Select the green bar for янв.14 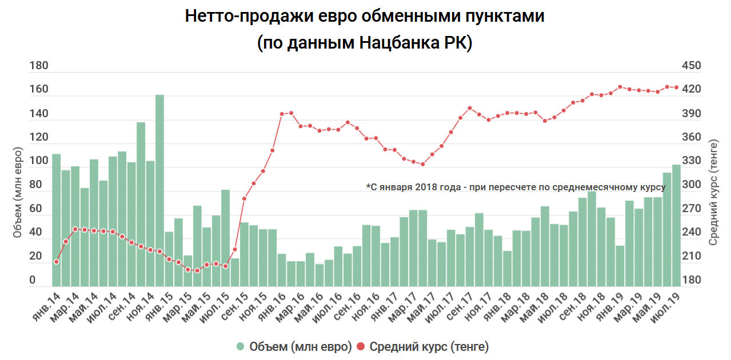pos(56,220)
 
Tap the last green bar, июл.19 pos(676,225)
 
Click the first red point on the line pos(56,262)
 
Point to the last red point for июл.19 pos(676,87)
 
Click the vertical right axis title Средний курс pos(713,193)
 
